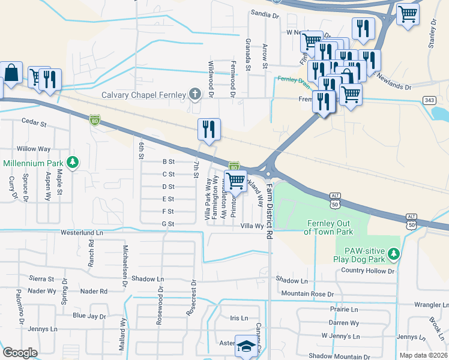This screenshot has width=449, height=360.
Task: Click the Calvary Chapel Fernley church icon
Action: pyautogui.click(x=194, y=94)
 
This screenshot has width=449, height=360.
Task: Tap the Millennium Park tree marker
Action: pyautogui.click(x=72, y=163)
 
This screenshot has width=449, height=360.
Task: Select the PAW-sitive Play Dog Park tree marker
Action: pyautogui.click(x=393, y=254)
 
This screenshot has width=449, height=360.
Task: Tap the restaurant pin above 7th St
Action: pyautogui.click(x=209, y=130)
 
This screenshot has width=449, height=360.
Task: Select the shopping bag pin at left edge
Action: pyautogui.click(x=11, y=74)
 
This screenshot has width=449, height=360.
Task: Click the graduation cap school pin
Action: pyautogui.click(x=246, y=346)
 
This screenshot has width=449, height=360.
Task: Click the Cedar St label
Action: pyautogui.click(x=34, y=124)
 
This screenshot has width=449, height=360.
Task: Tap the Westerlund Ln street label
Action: pyautogui.click(x=81, y=232)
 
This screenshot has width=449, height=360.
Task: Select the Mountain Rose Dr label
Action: pyautogui.click(x=307, y=293)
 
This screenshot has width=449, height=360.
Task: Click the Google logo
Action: pyautogui.click(x=20, y=352)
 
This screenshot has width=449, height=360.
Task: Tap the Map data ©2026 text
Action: pyautogui.click(x=424, y=355)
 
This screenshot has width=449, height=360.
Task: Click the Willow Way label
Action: pyautogui.click(x=34, y=148)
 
